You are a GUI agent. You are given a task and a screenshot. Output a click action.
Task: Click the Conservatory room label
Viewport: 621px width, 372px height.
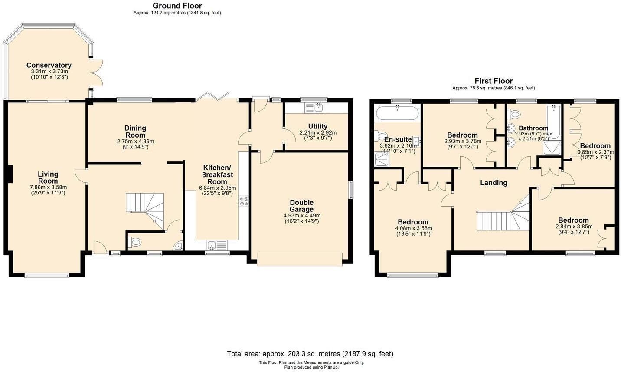pos(49,65)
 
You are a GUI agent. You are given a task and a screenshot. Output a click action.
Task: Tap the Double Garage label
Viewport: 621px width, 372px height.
pos(302,206)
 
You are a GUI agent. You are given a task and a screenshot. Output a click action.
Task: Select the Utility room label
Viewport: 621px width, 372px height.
pos(318,126)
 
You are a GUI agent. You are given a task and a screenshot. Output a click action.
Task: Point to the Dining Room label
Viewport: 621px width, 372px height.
pos(135,132)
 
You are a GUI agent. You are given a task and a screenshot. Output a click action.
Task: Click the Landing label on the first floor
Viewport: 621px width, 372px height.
pos(494,183)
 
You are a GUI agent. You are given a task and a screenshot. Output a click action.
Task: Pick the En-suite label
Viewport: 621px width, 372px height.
pos(398,139)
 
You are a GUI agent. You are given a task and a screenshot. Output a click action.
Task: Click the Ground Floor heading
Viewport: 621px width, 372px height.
pos(177,6)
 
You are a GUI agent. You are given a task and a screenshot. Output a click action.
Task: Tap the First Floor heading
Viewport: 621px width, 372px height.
pos(494,81)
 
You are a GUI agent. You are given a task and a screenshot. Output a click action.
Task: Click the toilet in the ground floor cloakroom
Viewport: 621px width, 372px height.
pos(134,243)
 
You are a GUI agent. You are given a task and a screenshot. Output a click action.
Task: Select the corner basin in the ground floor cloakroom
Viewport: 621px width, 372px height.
pos(178,246)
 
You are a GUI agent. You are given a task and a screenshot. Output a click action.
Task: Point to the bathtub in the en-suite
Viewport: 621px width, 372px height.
pos(397,113)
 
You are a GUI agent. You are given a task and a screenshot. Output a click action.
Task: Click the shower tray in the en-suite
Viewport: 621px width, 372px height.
pos(382,159)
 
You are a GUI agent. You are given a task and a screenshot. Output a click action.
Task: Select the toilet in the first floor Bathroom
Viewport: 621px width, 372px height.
pos(513,114)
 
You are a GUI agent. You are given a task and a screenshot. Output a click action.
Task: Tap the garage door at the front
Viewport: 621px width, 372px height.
pos(299,259)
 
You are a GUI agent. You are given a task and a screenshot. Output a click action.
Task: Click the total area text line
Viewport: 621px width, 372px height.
pos(310,354)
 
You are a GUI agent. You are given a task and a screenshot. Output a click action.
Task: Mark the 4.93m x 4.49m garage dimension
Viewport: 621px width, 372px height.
pos(302,216)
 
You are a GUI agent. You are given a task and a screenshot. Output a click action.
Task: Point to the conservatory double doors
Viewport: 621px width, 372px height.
pos(96,73)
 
